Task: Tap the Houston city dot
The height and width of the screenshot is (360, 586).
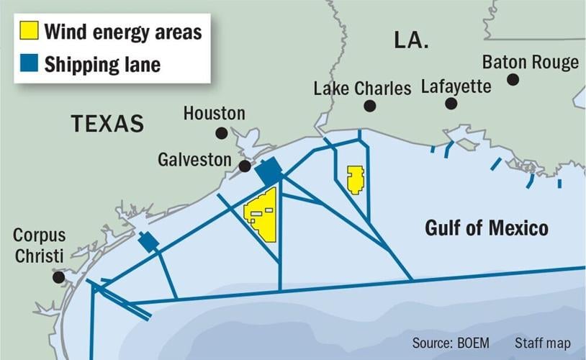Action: tap(222, 133)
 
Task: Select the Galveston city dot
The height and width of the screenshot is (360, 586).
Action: tap(245, 166)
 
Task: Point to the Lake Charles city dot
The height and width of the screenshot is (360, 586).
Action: tap(370, 106)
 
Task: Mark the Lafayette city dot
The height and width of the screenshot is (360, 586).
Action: tap(451, 104)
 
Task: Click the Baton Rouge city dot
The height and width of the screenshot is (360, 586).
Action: tap(513, 79)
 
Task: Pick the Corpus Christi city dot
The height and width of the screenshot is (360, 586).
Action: tap(58, 277)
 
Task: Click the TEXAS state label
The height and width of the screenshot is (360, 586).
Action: tap(107, 124)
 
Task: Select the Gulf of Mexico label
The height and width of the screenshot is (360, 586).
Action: tap(487, 229)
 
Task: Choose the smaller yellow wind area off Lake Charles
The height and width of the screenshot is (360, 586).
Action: tap(355, 179)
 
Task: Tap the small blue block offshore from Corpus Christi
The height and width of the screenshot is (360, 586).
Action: tap(148, 242)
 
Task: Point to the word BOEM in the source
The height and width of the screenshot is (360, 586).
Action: tap(474, 342)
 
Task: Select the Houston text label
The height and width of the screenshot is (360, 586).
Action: tap(214, 113)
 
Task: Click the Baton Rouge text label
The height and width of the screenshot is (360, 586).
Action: tap(530, 62)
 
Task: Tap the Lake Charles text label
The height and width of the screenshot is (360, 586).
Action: tap(362, 88)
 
